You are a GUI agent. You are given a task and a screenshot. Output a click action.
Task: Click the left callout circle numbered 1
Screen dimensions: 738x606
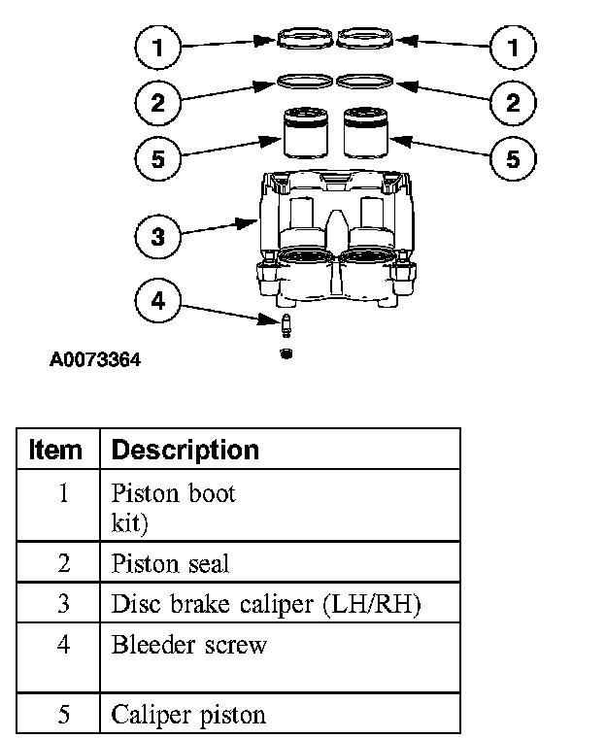tap(159, 46)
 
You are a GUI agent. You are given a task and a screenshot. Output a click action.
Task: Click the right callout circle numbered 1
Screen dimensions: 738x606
tap(513, 46)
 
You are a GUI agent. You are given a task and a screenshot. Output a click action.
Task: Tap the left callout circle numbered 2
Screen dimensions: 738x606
tap(159, 102)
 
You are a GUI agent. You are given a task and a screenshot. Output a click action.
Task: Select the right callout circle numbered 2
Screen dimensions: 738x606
tap(513, 102)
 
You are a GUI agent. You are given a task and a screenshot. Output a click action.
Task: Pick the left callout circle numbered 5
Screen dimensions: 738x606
tap(159, 158)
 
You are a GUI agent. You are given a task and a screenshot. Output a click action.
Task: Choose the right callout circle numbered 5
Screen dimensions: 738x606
tap(513, 158)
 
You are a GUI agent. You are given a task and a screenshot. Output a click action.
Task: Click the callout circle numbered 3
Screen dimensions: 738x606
tap(159, 236)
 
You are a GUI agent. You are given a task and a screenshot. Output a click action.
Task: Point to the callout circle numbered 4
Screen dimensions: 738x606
tap(159, 301)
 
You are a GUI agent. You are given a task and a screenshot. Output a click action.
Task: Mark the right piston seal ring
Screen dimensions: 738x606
tap(364, 81)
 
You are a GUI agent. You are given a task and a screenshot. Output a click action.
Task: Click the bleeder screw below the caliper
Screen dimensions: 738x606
tap(286, 324)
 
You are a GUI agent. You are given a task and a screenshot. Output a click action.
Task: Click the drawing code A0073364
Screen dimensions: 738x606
tap(95, 360)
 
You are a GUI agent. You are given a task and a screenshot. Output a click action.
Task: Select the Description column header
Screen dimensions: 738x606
tap(185, 450)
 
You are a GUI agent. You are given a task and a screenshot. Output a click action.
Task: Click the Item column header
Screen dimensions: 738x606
tap(56, 450)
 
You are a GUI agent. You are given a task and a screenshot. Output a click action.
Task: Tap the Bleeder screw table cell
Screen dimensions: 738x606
tap(189, 645)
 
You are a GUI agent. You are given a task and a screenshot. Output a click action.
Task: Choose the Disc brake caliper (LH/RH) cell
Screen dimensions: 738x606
tap(265, 604)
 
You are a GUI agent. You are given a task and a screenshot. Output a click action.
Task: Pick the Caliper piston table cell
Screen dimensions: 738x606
tap(188, 716)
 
